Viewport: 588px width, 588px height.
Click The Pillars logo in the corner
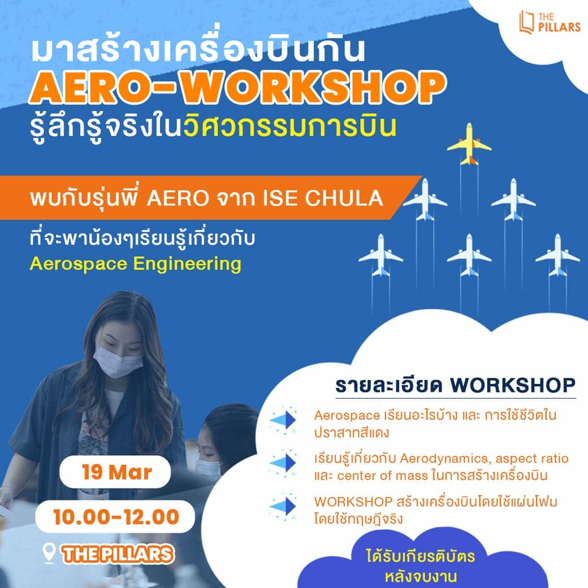tap(550, 22)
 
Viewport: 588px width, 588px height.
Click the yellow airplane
tap(469, 144)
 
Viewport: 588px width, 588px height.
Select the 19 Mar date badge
tap(115, 472)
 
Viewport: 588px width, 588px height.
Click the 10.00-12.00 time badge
tap(115, 517)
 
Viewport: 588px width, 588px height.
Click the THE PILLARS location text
tap(118, 555)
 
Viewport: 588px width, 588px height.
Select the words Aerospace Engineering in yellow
tap(135, 263)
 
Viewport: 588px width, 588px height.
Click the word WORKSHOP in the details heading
tap(513, 385)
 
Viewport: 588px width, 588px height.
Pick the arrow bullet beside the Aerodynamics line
tap(283, 463)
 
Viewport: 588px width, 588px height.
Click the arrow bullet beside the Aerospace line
tap(283, 420)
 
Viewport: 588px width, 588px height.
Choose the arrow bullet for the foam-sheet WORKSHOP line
tap(283, 506)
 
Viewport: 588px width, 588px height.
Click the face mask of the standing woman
tap(118, 361)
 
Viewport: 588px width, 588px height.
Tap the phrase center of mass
tap(382, 476)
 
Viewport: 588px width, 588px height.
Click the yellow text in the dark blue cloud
tap(421, 567)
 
